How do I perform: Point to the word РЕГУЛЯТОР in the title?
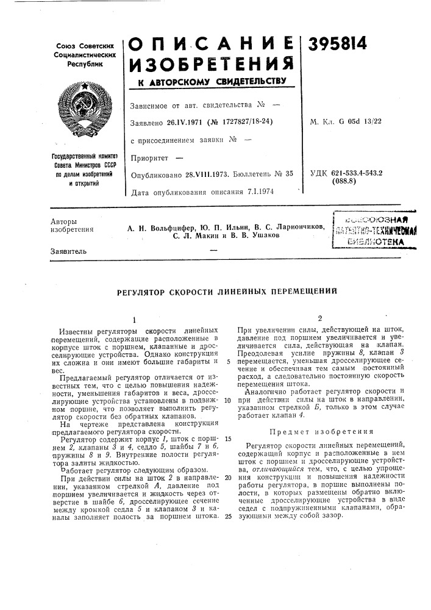146,292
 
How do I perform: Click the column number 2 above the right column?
319,318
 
